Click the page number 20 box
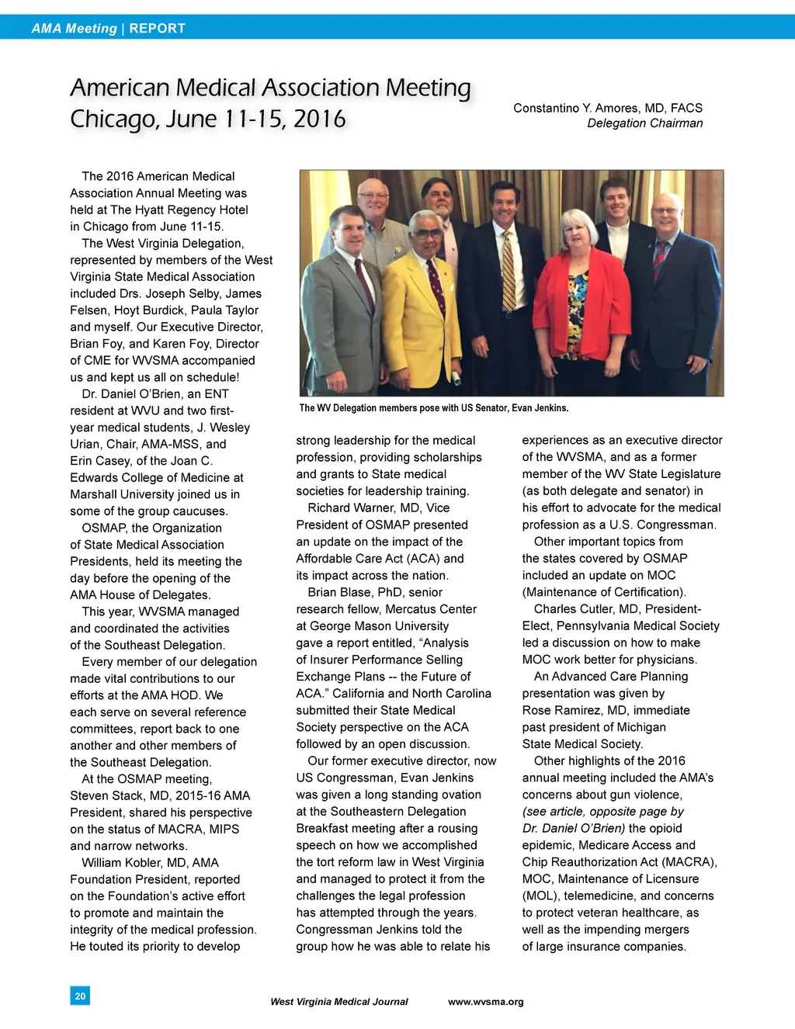80,996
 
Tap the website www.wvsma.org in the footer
485,1002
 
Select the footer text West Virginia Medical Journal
338,1002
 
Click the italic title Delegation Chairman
644,123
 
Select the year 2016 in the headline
319,120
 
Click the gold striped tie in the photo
508,272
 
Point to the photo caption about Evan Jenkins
433,408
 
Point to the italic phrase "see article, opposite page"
594,812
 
